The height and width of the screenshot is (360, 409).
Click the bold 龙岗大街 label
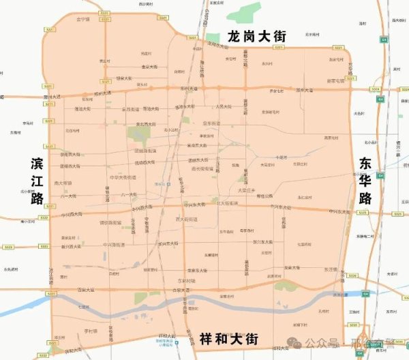point(256,36)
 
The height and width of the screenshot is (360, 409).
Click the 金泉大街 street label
point(150,67)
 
